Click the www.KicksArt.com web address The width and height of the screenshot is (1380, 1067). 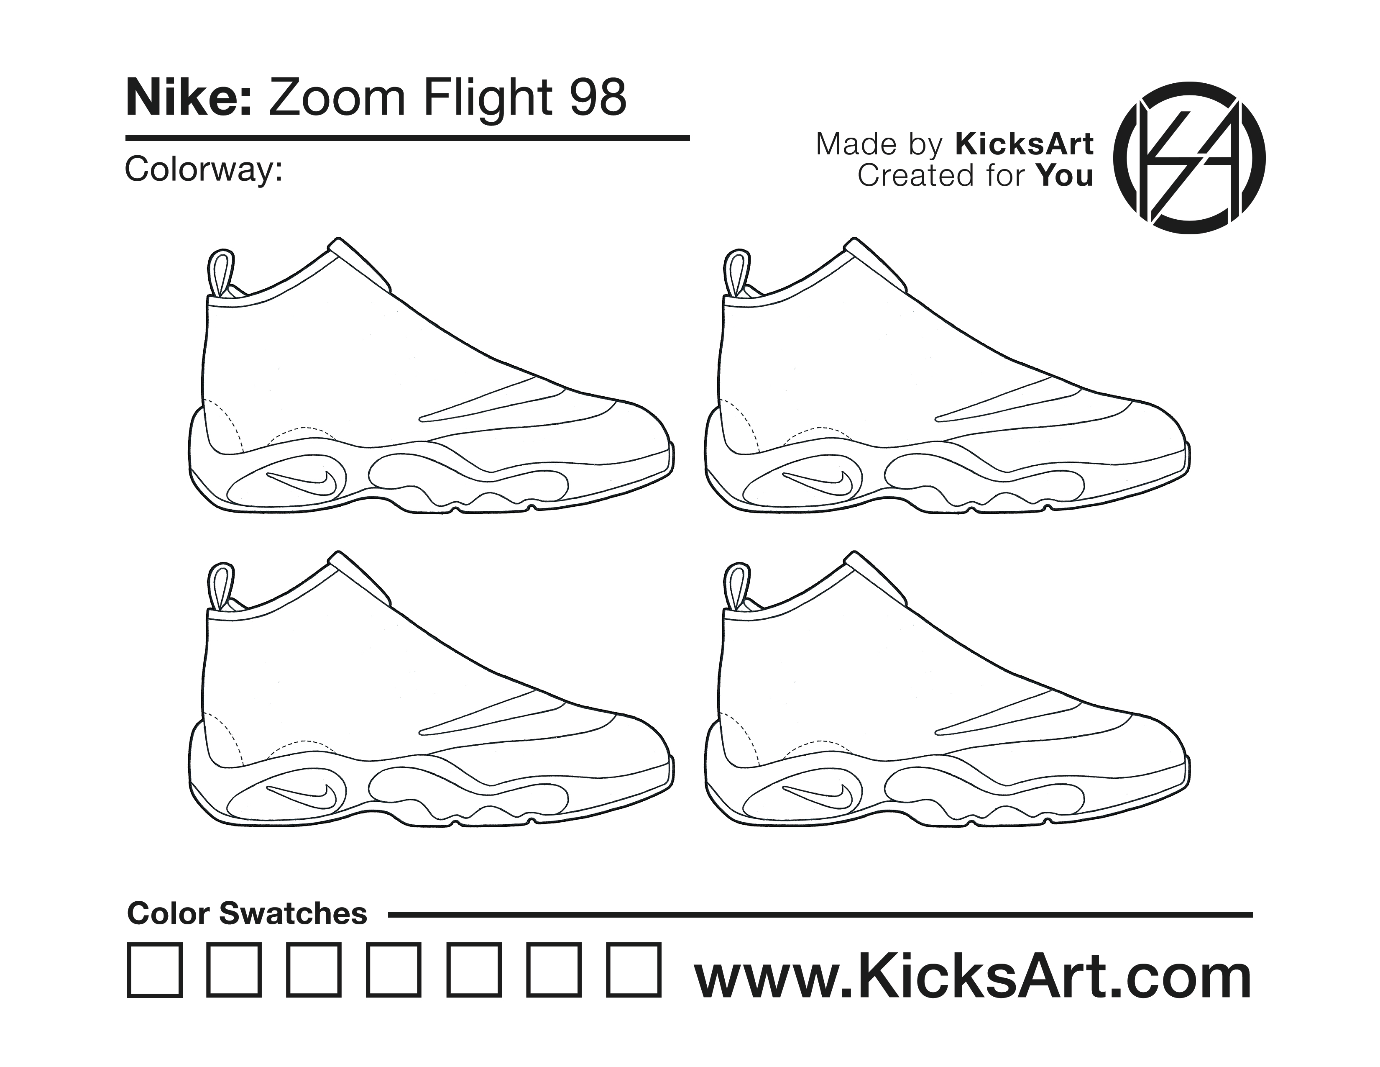click(x=973, y=978)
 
